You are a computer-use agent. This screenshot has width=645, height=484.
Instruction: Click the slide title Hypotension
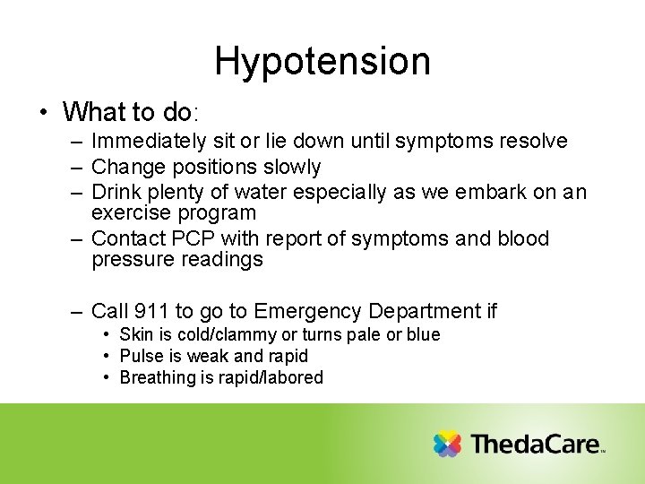pyautogui.click(x=322, y=62)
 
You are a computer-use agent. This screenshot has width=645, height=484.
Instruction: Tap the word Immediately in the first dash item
pyautogui.click(x=150, y=142)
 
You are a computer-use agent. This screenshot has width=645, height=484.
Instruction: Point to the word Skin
pyautogui.click(x=135, y=334)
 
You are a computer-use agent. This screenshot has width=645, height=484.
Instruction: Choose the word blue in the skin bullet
pyautogui.click(x=424, y=334)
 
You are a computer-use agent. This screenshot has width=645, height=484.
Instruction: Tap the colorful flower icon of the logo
pyautogui.click(x=446, y=445)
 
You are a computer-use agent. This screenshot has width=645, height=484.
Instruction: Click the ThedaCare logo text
pyautogui.click(x=536, y=445)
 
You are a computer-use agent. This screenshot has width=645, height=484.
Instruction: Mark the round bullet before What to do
pyautogui.click(x=43, y=113)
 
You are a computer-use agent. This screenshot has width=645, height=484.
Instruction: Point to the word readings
pyautogui.click(x=223, y=261)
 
